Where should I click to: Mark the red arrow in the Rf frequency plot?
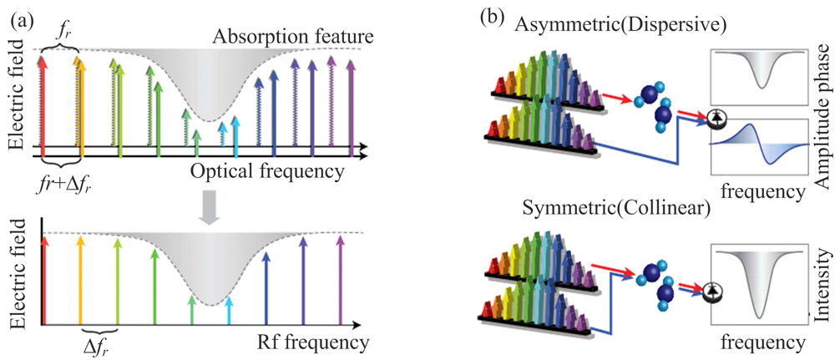(x=45, y=281)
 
